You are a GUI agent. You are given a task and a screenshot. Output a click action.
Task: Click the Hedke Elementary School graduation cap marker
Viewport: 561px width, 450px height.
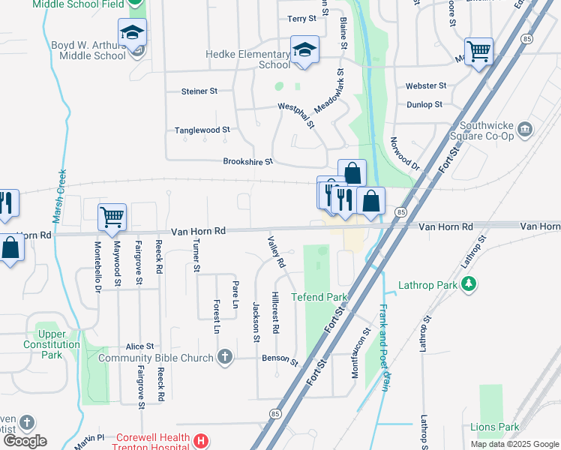tap(304, 50)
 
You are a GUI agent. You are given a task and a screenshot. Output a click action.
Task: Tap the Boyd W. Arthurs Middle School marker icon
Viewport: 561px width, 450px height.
tap(132, 34)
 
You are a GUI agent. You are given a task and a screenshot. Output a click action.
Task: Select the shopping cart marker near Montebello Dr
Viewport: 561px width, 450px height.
tap(112, 217)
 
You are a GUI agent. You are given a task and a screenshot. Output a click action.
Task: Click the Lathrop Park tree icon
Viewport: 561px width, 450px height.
tap(469, 284)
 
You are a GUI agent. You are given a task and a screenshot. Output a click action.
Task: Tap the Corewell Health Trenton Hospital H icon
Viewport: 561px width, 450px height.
tap(199, 442)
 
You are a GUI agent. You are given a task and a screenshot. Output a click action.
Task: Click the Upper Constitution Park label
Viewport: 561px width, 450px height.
tap(52, 344)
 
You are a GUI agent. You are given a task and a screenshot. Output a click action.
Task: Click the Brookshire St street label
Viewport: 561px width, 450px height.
tap(247, 161)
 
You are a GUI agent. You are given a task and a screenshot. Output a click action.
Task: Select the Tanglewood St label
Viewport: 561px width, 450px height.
tap(202, 130)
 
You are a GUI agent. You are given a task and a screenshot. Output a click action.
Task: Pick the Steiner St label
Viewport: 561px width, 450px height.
tap(199, 91)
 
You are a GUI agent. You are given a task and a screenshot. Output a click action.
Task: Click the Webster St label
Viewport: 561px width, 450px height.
tap(426, 86)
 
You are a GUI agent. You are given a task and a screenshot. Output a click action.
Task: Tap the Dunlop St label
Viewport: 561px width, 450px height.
tap(424, 104)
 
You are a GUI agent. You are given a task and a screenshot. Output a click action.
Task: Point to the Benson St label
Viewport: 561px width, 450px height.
tap(280, 359)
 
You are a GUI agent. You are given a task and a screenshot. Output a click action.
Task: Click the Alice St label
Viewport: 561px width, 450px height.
tap(139, 346)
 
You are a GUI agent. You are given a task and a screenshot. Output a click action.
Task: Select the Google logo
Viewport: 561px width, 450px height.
tap(25, 441)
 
